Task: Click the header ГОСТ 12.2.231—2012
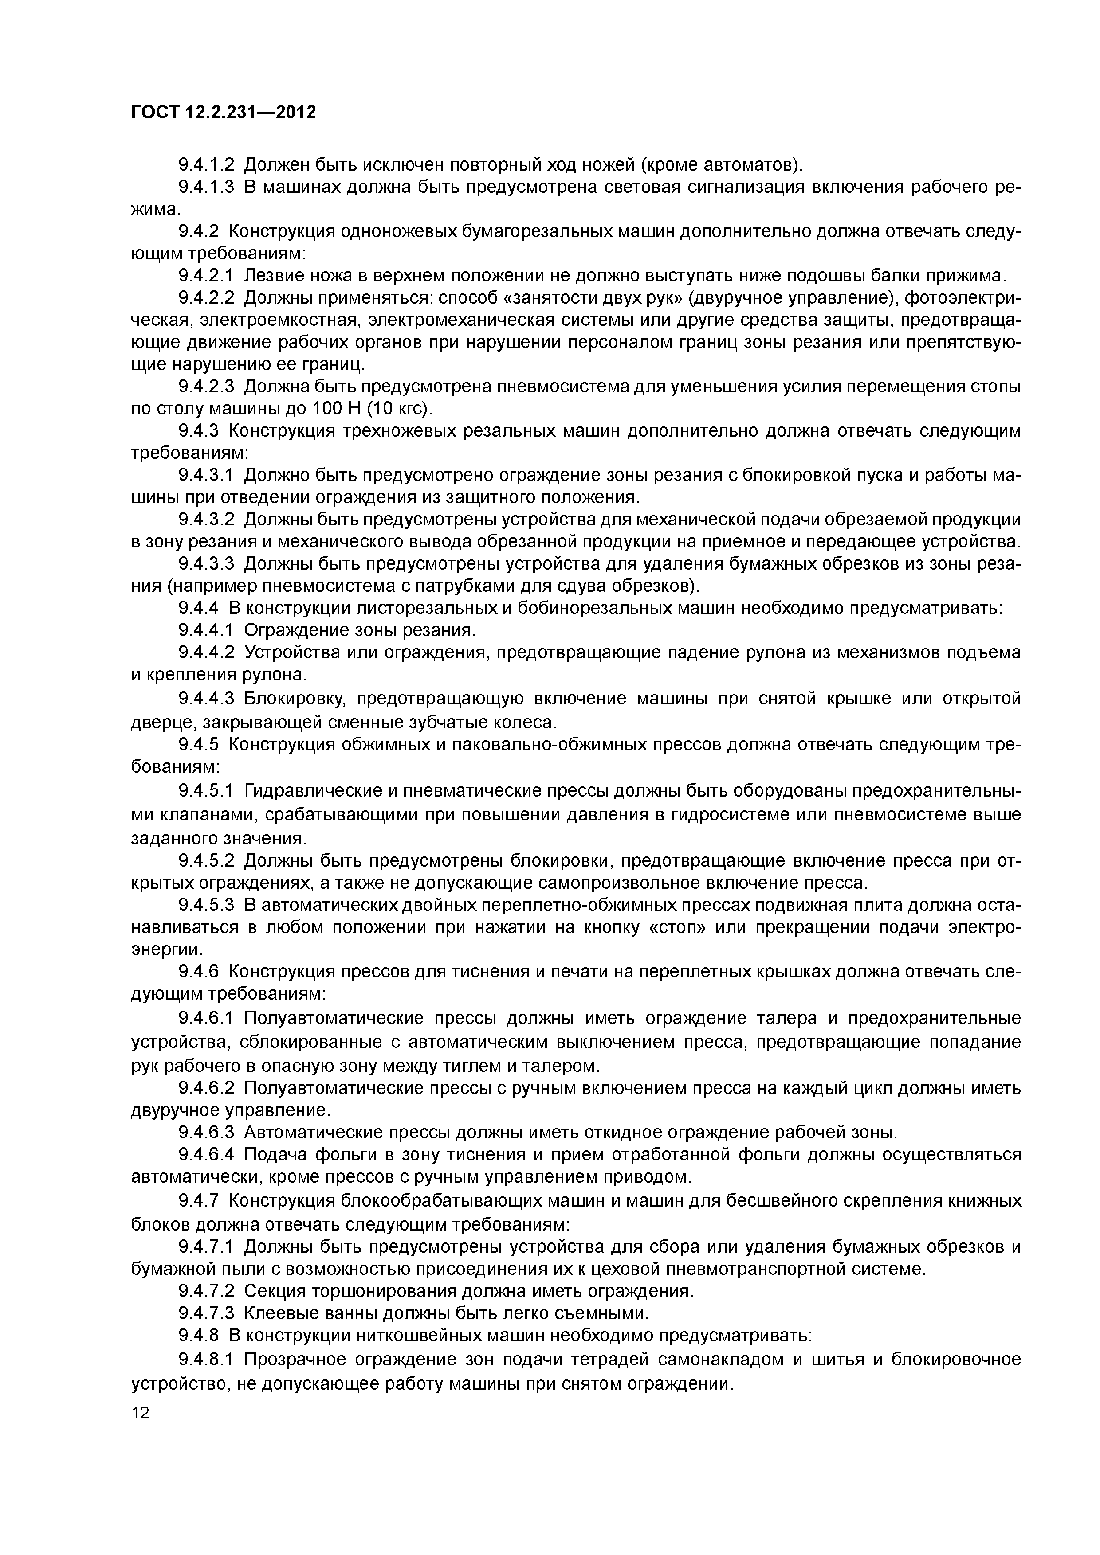click(223, 113)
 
